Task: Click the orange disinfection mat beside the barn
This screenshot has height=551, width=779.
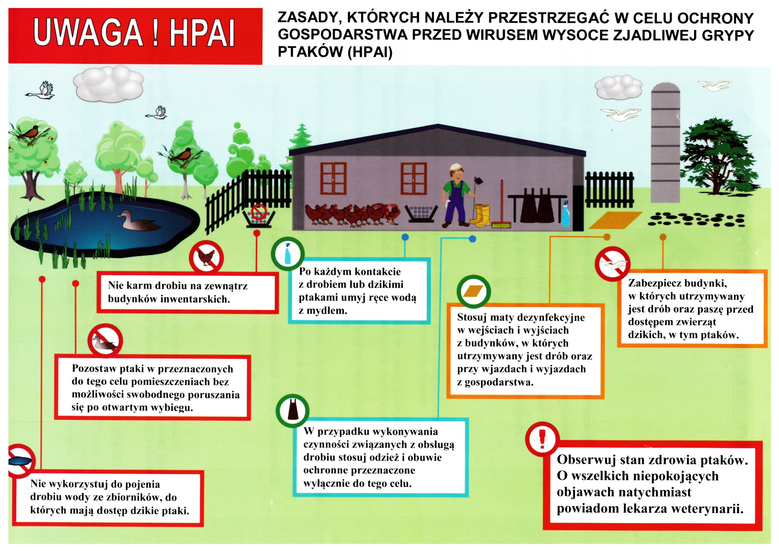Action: (x=615, y=220)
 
